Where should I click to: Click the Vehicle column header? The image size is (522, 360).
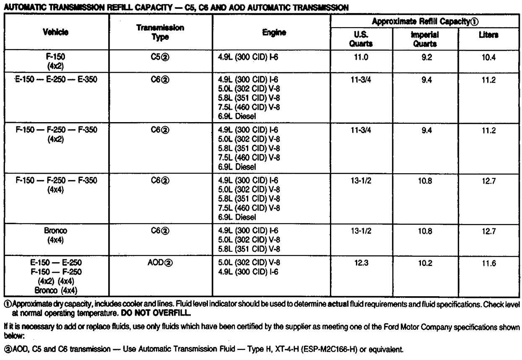click(55, 32)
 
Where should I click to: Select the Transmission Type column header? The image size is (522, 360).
click(160, 32)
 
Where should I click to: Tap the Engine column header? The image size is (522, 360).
click(271, 32)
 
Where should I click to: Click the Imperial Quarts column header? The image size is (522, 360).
click(425, 39)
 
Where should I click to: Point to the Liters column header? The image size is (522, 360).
click(488, 35)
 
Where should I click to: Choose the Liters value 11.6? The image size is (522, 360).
click(488, 263)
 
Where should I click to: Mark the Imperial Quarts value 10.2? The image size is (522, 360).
click(425, 263)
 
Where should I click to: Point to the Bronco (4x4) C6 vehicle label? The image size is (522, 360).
click(55, 235)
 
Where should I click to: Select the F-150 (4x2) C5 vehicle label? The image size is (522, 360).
click(55, 61)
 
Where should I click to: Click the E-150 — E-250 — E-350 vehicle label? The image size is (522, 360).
click(55, 79)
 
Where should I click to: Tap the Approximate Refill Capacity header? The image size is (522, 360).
click(425, 21)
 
